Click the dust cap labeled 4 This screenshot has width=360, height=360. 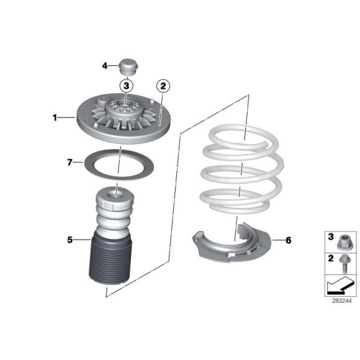[128, 66]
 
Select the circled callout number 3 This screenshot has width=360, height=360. [126, 86]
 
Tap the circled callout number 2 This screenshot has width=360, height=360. [163, 86]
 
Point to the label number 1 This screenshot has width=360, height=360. [55, 118]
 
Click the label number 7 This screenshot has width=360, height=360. [70, 163]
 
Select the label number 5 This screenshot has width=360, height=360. [70, 240]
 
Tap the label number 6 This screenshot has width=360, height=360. [289, 240]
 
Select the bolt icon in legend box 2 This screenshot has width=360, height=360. [344, 263]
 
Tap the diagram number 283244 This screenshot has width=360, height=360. [341, 301]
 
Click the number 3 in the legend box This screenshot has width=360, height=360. [331, 236]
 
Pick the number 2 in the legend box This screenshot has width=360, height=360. [331, 259]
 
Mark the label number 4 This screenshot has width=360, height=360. [105, 66]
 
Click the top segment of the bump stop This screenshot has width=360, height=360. [114, 199]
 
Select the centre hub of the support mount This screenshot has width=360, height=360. [124, 108]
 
